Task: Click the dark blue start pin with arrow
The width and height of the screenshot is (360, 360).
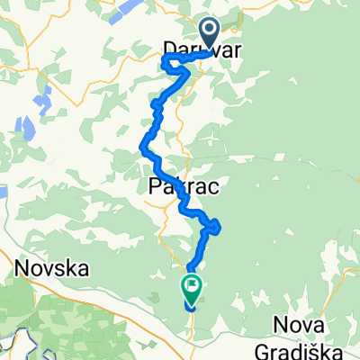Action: tap(209, 33)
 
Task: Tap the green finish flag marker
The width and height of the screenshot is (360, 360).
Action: tap(192, 288)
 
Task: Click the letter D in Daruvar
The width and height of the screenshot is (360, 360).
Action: tap(170, 51)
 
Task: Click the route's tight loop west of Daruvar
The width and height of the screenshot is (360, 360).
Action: tap(167, 63)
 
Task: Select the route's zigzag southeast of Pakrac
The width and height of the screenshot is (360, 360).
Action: tap(212, 226)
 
